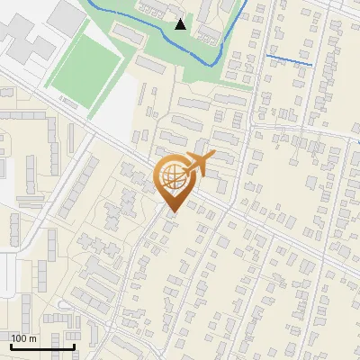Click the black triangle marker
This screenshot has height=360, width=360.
[x=181, y=24]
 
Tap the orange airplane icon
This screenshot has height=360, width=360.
[x=196, y=165]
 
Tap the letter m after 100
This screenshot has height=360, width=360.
[x=33, y=338]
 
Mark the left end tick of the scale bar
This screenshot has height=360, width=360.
[x=11, y=345]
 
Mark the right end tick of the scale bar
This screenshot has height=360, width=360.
[x=74, y=345]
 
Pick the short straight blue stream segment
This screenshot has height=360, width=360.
[x=289, y=61]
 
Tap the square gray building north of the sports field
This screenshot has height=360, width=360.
[x=65, y=16]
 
